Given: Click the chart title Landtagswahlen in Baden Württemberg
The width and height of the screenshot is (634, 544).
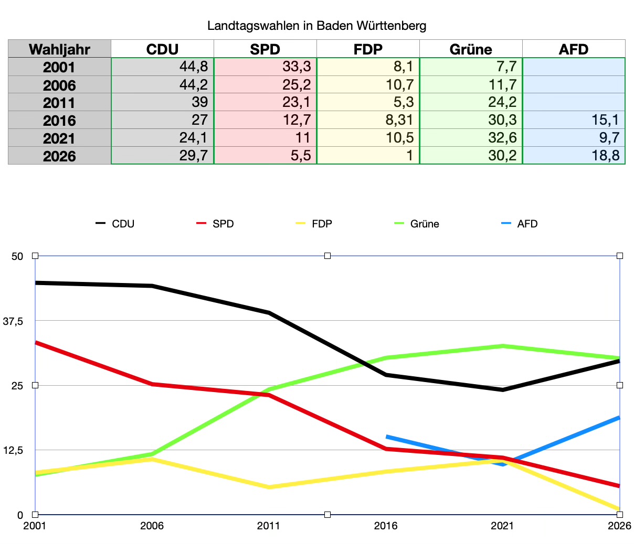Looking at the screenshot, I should (x=316, y=26).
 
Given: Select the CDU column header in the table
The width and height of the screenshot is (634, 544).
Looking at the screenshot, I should (x=162, y=49).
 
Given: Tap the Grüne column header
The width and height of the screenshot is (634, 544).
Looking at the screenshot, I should (x=471, y=49).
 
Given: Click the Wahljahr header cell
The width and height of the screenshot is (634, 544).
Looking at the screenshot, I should (x=59, y=49).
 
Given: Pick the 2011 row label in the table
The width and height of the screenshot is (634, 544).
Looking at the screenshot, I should (x=59, y=103).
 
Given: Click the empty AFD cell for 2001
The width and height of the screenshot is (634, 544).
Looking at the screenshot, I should (x=574, y=67).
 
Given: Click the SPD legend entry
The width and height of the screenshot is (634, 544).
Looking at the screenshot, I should (x=216, y=224).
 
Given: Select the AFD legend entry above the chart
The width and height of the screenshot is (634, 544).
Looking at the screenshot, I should (x=520, y=224).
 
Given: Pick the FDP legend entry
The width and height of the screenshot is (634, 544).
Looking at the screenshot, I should (x=314, y=224).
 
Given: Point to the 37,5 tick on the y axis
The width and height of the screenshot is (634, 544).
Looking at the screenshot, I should (x=13, y=321).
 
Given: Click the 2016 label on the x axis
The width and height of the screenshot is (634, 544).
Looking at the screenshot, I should (x=386, y=526).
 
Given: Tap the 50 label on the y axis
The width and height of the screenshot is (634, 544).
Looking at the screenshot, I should (x=17, y=256).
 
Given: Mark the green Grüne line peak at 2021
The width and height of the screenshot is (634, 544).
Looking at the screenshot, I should (x=503, y=346).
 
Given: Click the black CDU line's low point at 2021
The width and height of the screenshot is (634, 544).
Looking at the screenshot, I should (x=503, y=390).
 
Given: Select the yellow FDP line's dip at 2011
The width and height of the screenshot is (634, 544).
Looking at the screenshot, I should (x=269, y=487).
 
